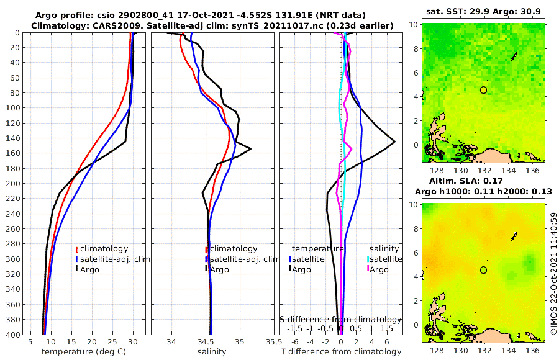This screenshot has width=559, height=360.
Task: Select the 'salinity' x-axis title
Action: (x=212, y=352)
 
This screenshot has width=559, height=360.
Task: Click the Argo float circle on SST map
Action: (x=484, y=90)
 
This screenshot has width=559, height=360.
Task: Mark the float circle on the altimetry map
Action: (x=484, y=270)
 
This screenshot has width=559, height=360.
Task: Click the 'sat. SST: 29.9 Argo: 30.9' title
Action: (x=484, y=12)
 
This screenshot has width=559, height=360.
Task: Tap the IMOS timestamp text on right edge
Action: (x=553, y=273)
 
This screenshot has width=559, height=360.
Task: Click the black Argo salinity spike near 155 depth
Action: (x=250, y=149)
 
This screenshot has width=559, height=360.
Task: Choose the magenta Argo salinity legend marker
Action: (x=368, y=269)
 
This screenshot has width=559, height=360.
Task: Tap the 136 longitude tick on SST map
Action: (x=532, y=170)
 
